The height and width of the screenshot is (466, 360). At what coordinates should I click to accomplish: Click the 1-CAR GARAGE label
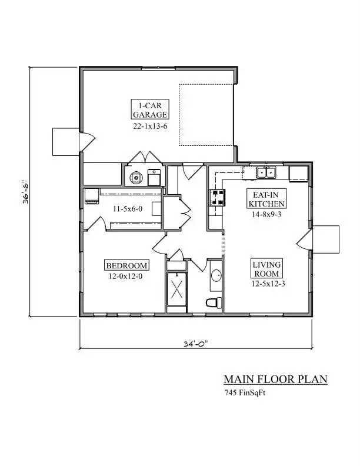click(150, 110)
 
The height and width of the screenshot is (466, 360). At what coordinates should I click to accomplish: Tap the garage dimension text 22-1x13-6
click(150, 127)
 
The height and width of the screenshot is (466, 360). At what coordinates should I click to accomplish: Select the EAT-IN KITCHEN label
click(266, 199)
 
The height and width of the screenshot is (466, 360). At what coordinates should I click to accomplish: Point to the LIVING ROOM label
click(266, 269)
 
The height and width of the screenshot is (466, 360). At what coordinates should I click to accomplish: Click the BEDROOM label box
click(126, 265)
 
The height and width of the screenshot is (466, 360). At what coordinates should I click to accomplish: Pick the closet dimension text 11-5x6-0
click(128, 209)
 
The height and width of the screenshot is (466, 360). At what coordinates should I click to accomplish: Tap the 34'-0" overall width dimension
click(195, 344)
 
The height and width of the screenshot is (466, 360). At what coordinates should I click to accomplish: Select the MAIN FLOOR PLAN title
click(275, 380)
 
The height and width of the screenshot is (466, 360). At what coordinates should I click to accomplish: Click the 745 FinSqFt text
click(245, 393)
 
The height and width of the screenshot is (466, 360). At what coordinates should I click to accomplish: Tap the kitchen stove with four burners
click(218, 198)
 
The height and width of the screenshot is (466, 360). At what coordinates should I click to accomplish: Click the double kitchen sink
click(266, 172)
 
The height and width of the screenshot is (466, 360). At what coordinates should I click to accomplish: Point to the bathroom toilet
click(214, 302)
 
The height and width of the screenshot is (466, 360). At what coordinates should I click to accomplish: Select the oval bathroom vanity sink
click(216, 275)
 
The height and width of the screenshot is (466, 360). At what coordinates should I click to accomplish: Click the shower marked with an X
click(176, 289)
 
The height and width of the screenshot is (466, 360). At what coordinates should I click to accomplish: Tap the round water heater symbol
click(136, 178)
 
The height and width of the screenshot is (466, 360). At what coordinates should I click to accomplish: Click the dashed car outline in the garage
click(206, 115)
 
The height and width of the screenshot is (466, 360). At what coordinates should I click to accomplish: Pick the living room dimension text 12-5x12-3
click(268, 284)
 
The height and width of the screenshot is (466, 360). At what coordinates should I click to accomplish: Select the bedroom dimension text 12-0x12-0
click(125, 277)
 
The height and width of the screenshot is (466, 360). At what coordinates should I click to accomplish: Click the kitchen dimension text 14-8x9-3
click(266, 214)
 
